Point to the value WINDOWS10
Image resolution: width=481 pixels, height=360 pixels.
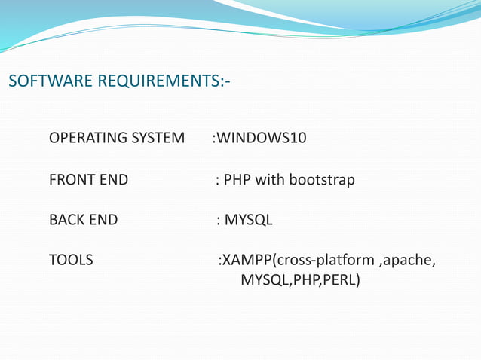click(262, 139)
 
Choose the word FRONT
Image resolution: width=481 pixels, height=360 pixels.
click(72, 180)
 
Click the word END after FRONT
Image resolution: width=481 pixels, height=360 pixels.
click(113, 180)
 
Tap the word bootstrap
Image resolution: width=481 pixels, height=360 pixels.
click(320, 180)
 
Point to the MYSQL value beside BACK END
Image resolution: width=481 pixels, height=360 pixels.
click(249, 221)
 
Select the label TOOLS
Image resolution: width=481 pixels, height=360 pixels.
click(71, 261)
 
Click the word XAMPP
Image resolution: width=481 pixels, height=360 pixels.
click(247, 261)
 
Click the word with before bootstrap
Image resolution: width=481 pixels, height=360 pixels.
click(268, 180)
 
